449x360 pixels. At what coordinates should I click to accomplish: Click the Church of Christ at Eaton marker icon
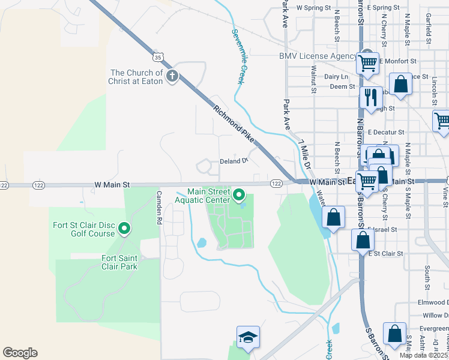[172, 76]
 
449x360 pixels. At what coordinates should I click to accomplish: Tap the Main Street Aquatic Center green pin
[238, 194]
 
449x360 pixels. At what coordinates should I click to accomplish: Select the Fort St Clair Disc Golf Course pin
[124, 228]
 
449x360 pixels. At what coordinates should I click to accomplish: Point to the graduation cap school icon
[247, 338]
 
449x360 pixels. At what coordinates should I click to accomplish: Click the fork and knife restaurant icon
[370, 96]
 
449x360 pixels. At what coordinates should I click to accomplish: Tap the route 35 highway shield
[157, 57]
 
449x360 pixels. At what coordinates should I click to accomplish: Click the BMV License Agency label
[318, 56]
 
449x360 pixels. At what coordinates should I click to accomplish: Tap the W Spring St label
[314, 8]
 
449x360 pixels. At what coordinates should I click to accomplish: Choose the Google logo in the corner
[20, 353]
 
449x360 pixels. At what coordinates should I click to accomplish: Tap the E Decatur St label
[386, 132]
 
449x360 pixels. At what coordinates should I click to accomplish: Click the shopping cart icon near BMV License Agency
[367, 63]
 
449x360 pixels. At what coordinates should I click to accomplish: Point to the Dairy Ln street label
[336, 77]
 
